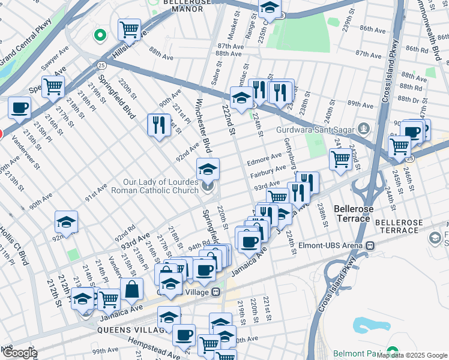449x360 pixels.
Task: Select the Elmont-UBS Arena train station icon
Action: tap(371, 245)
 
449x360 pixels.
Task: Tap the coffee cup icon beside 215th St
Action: tap(19, 108)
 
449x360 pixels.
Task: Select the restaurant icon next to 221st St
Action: tap(158, 125)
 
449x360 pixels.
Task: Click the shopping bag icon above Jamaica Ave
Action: tap(131, 289)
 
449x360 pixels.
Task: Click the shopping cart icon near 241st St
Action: tap(340, 160)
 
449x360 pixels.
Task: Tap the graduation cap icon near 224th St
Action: tap(241, 97)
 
